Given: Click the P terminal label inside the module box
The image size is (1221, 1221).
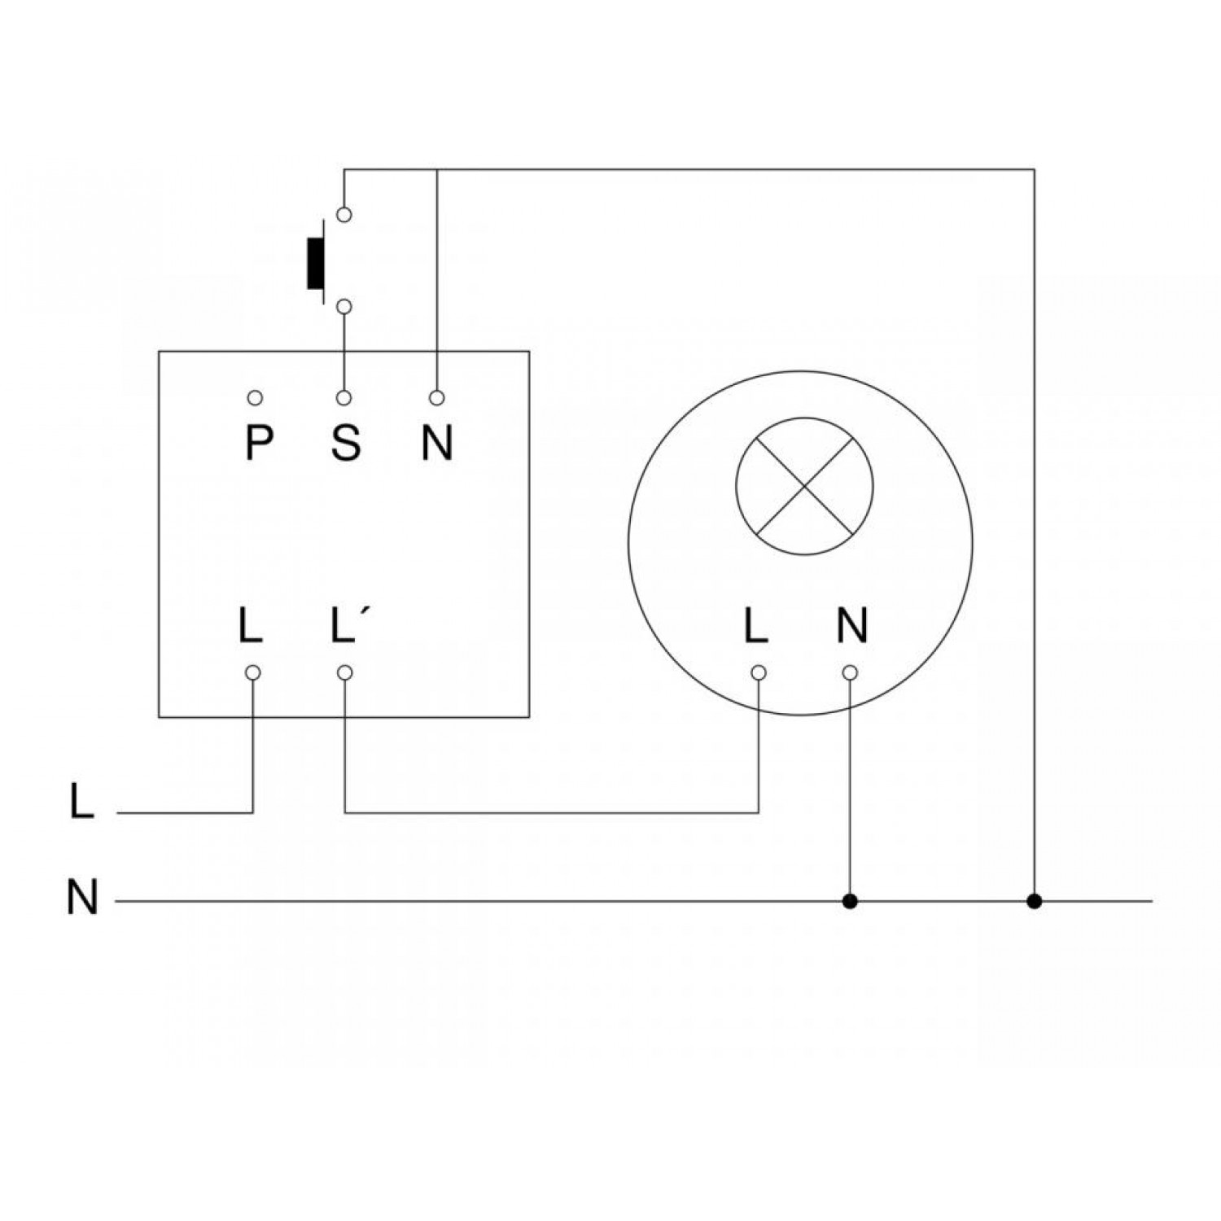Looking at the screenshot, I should [258, 444].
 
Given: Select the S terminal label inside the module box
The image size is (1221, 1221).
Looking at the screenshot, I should [346, 444].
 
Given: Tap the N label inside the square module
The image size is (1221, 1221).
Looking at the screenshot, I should [437, 444].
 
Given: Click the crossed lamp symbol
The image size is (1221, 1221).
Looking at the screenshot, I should [804, 487].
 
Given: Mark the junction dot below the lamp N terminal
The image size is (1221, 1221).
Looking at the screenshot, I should [850, 901].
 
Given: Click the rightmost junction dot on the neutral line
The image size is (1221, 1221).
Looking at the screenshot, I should [1034, 901].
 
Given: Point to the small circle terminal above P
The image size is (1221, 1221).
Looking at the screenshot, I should [256, 398].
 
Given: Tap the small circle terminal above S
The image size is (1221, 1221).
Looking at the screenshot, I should [344, 398].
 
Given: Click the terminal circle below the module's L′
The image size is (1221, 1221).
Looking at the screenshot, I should [344, 672].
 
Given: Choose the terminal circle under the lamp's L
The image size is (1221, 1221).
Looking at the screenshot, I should [758, 672].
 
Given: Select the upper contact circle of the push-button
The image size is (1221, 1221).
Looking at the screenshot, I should [344, 214].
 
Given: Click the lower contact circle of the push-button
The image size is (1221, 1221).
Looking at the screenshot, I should [344, 306].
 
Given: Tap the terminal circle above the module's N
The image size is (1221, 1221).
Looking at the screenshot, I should [437, 398].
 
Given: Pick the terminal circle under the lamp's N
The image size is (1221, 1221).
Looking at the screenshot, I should [850, 672].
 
